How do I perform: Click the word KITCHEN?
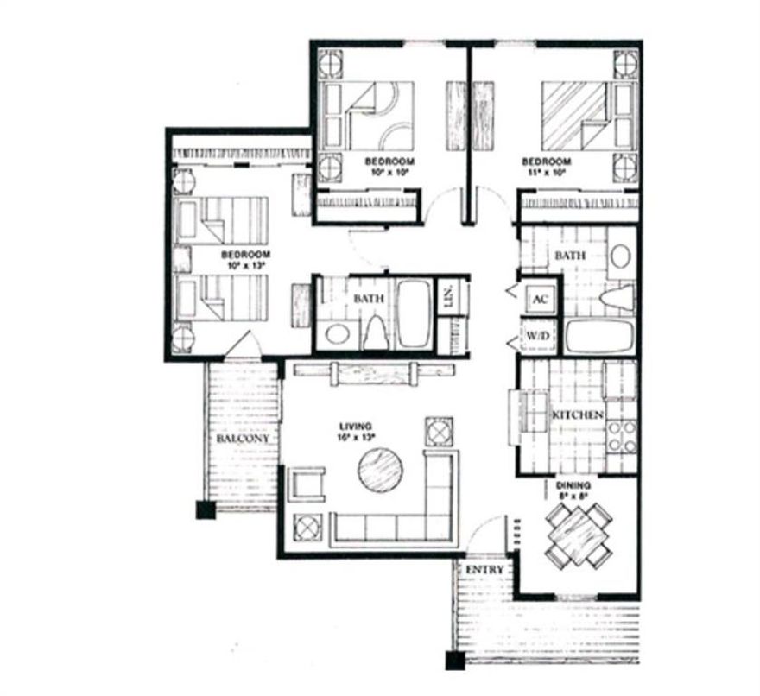point(577,415)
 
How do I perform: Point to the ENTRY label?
point(484,572)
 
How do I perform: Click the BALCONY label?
point(243,439)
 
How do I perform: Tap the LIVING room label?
point(354,427)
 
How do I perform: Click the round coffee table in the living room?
point(381,471)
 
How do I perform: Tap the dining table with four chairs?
point(579,533)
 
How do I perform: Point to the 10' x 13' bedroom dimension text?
point(246,266)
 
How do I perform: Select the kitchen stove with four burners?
point(622,436)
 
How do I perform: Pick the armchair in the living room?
point(308,484)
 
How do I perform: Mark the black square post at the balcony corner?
point(205,509)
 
